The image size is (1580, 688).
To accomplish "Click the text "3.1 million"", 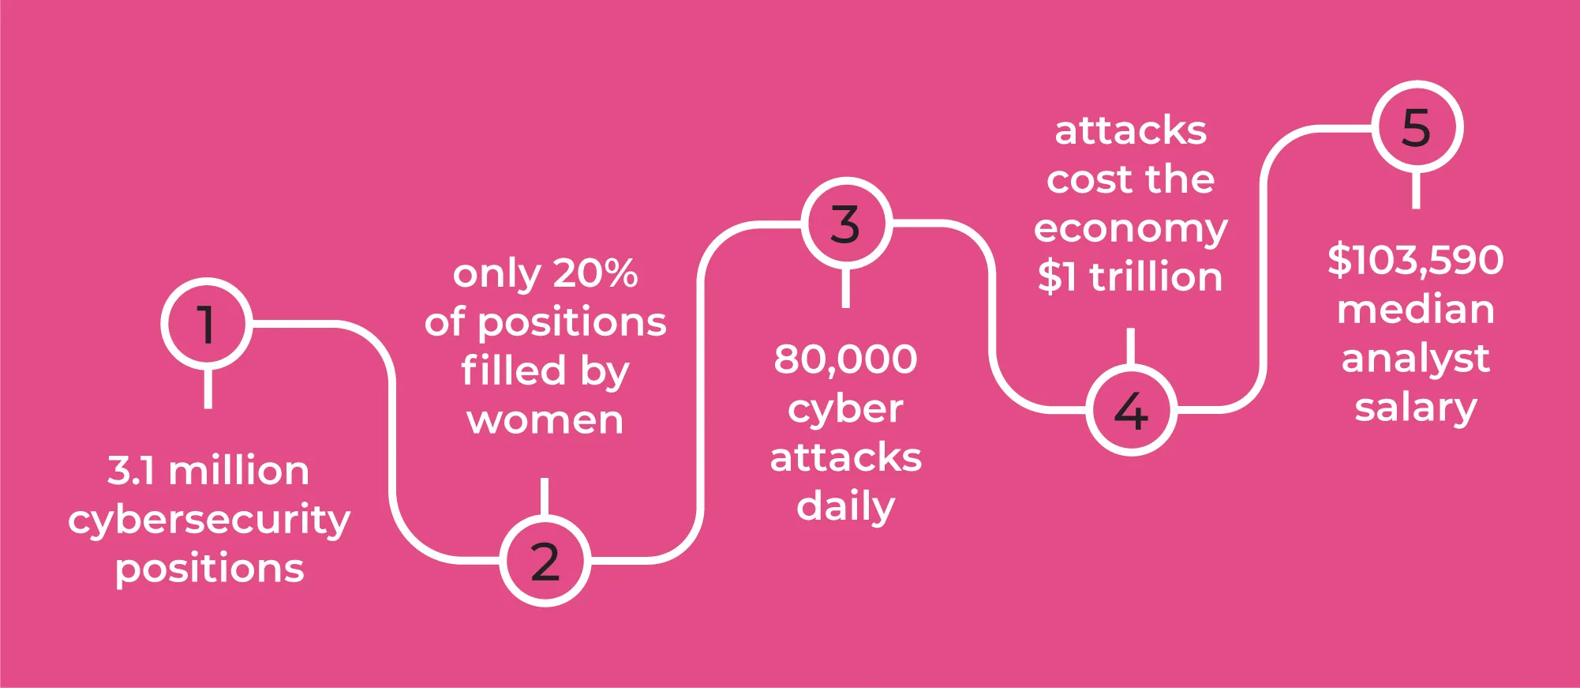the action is pyautogui.click(x=208, y=471).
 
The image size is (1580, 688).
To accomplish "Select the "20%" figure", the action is pyautogui.click(x=595, y=273).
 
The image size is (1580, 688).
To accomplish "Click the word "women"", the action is pyautogui.click(x=545, y=421).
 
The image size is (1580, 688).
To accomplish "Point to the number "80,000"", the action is pyautogui.click(x=846, y=359).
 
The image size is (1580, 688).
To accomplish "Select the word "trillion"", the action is pyautogui.click(x=1156, y=277).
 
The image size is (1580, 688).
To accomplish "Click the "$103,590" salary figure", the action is pyautogui.click(x=1416, y=260).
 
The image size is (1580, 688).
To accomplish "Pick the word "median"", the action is pyautogui.click(x=1416, y=310).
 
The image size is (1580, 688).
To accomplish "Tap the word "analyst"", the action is pyautogui.click(x=1416, y=359).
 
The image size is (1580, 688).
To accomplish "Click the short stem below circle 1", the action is pyautogui.click(x=208, y=389).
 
